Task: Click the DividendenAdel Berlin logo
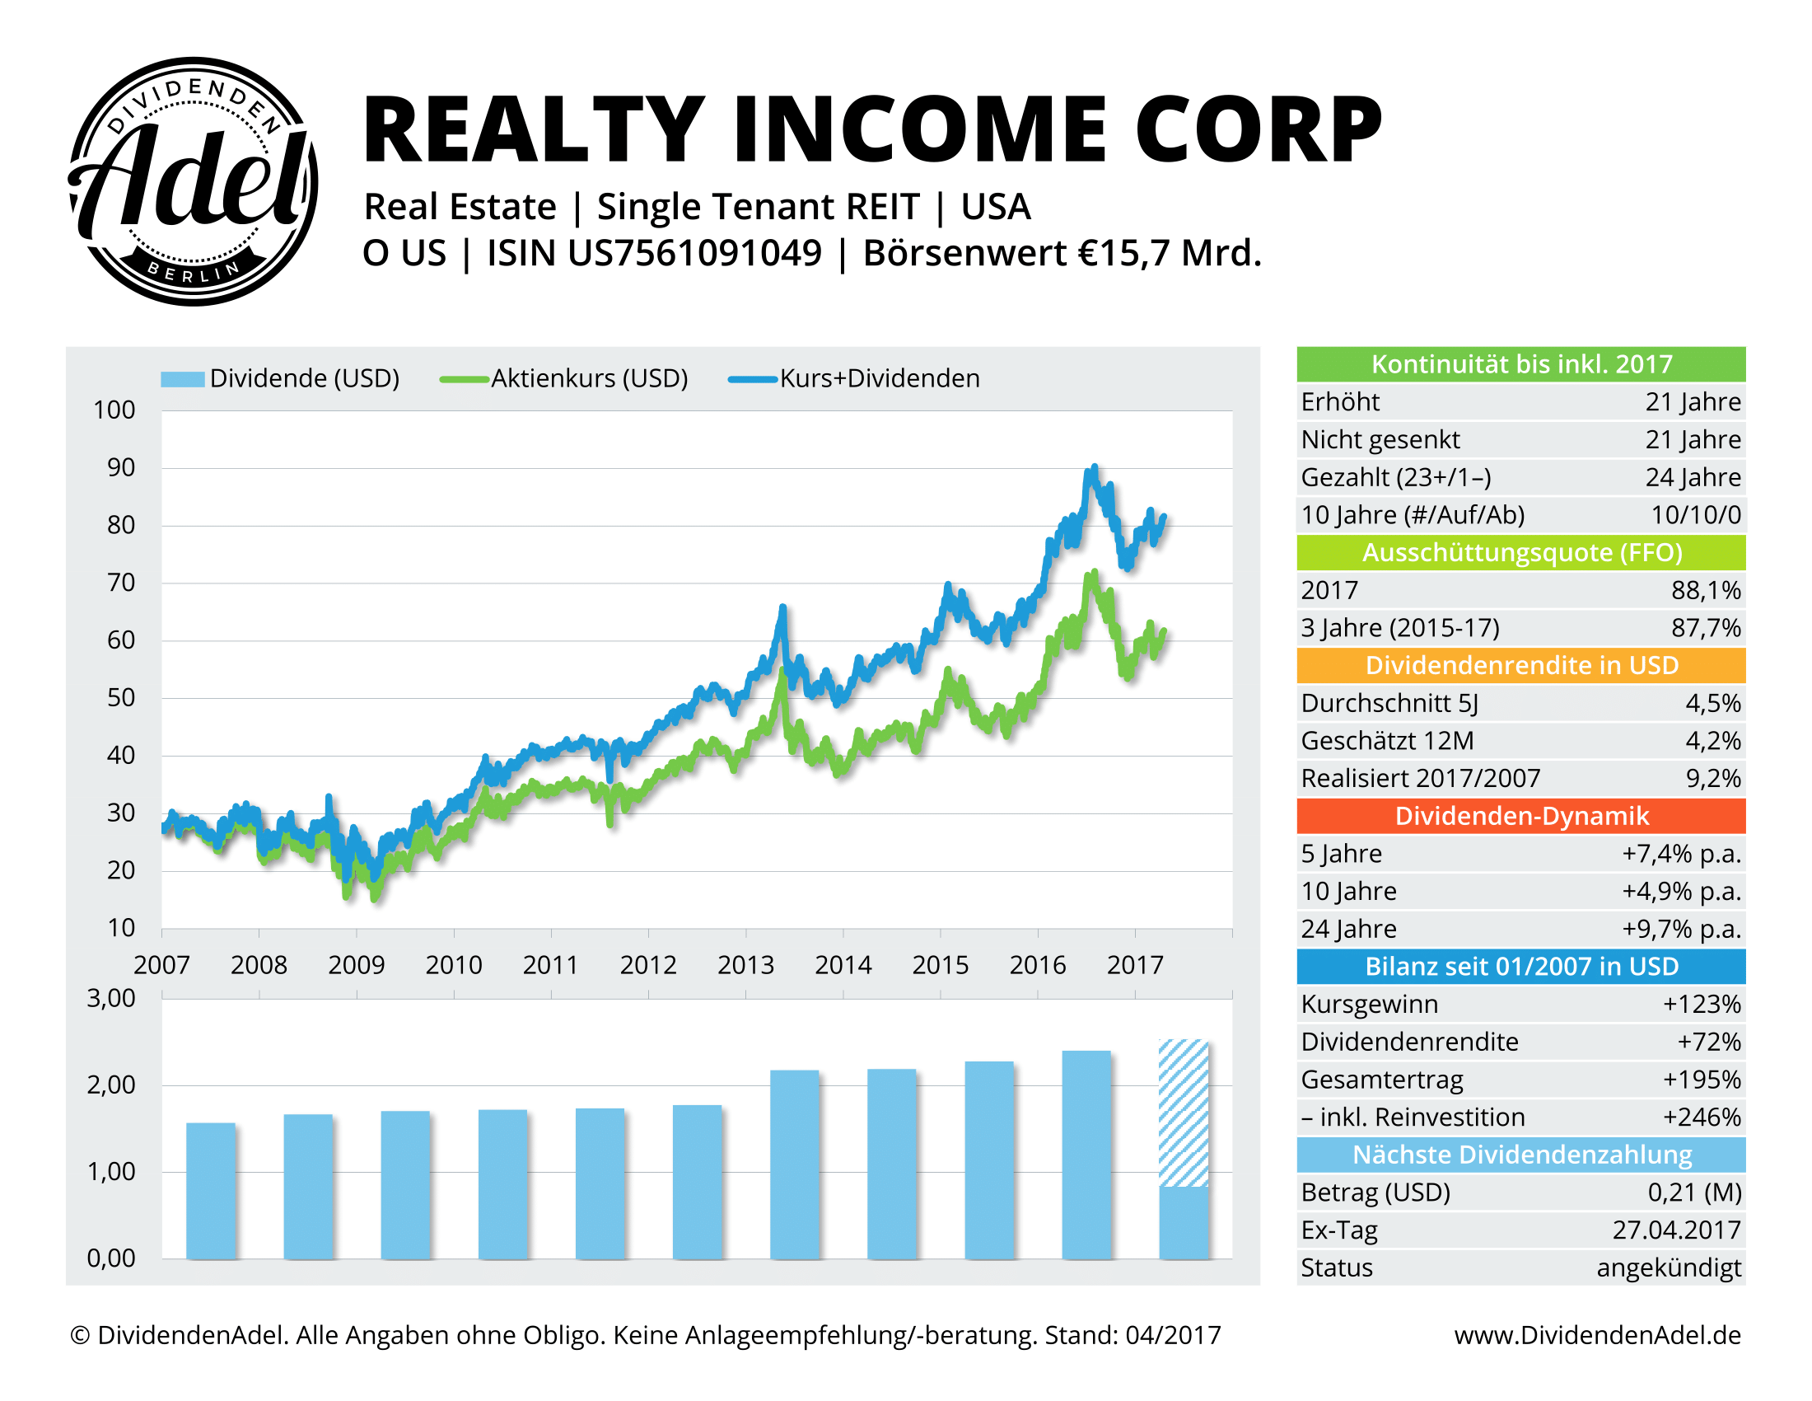pos(193,181)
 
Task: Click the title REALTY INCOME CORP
pos(871,130)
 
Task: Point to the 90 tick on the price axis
pos(121,468)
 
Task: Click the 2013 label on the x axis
pos(745,965)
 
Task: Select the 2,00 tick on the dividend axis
pos(111,1085)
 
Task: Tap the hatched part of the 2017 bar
pos(1183,1113)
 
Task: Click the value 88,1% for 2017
pos(1705,590)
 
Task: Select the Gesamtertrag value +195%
pos(1701,1080)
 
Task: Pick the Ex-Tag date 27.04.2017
pos(1676,1230)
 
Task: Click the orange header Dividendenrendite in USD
pos(1520,666)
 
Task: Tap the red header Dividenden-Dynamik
pos(1520,817)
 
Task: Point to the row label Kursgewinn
pos(1369,1005)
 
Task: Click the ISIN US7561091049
pos(654,254)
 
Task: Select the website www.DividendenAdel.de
pos(1597,1335)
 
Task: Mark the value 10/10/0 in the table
pos(1695,515)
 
